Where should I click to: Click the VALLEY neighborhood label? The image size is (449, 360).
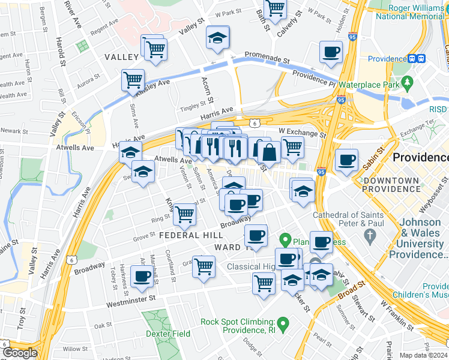click(122, 57)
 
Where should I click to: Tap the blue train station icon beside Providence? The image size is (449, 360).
click(417, 59)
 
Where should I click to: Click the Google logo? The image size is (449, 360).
click(19, 353)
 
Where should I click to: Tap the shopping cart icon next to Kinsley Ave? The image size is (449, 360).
click(133, 80)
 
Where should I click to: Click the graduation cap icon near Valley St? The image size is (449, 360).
click(217, 38)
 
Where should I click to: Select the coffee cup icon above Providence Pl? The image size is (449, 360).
click(331, 52)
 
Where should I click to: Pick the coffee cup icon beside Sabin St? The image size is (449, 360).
click(346, 161)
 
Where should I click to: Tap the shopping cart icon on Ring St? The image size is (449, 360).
click(184, 214)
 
